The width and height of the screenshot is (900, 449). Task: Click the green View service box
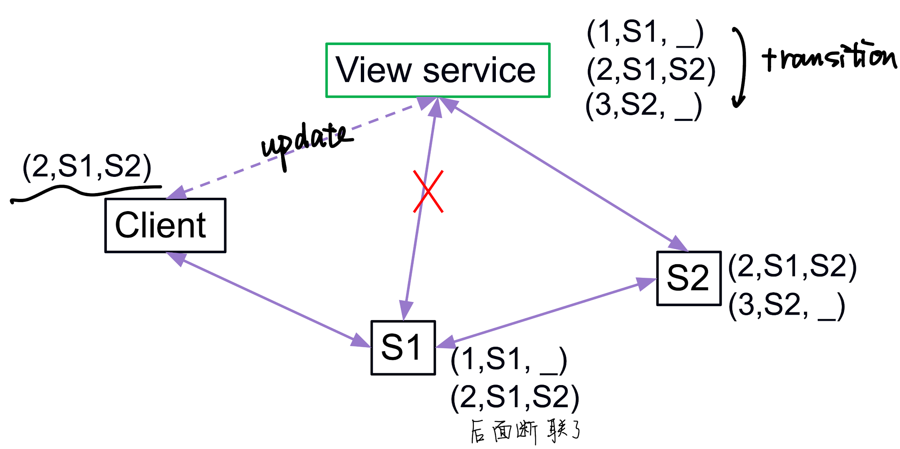click(437, 70)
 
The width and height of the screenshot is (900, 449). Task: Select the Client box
click(165, 225)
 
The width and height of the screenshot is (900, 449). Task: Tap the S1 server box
click(403, 348)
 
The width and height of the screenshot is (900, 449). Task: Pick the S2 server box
click(689, 278)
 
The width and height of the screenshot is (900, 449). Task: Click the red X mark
click(428, 192)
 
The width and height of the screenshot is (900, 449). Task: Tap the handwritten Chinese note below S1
click(525, 431)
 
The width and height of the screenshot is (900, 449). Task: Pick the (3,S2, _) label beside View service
click(643, 106)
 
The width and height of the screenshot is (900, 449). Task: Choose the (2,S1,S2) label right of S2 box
click(792, 267)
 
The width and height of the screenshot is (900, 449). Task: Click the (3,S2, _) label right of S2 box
click(787, 306)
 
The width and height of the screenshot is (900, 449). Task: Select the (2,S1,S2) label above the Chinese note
click(515, 397)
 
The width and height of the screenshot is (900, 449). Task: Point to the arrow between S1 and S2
click(545, 313)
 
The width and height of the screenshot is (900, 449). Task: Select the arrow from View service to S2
click(563, 173)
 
